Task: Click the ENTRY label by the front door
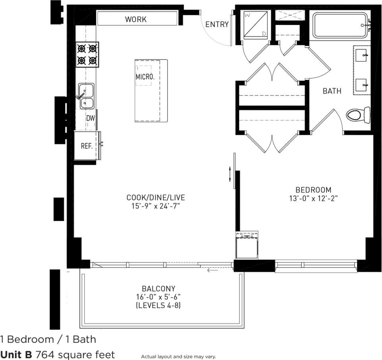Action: [217, 25]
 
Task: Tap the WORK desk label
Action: [136, 19]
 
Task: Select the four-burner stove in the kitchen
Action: [87, 55]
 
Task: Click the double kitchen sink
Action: [86, 96]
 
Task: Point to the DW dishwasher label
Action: [91, 117]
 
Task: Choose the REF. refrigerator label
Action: [87, 146]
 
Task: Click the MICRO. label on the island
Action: [145, 77]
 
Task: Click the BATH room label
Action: [332, 91]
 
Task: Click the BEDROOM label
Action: [313, 190]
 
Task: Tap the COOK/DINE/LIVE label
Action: [156, 197]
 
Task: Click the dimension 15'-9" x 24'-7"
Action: [156, 206]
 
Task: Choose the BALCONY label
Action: [158, 289]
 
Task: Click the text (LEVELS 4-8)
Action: [158, 306]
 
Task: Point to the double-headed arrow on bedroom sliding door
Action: [230, 175]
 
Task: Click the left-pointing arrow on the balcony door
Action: [212, 271]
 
